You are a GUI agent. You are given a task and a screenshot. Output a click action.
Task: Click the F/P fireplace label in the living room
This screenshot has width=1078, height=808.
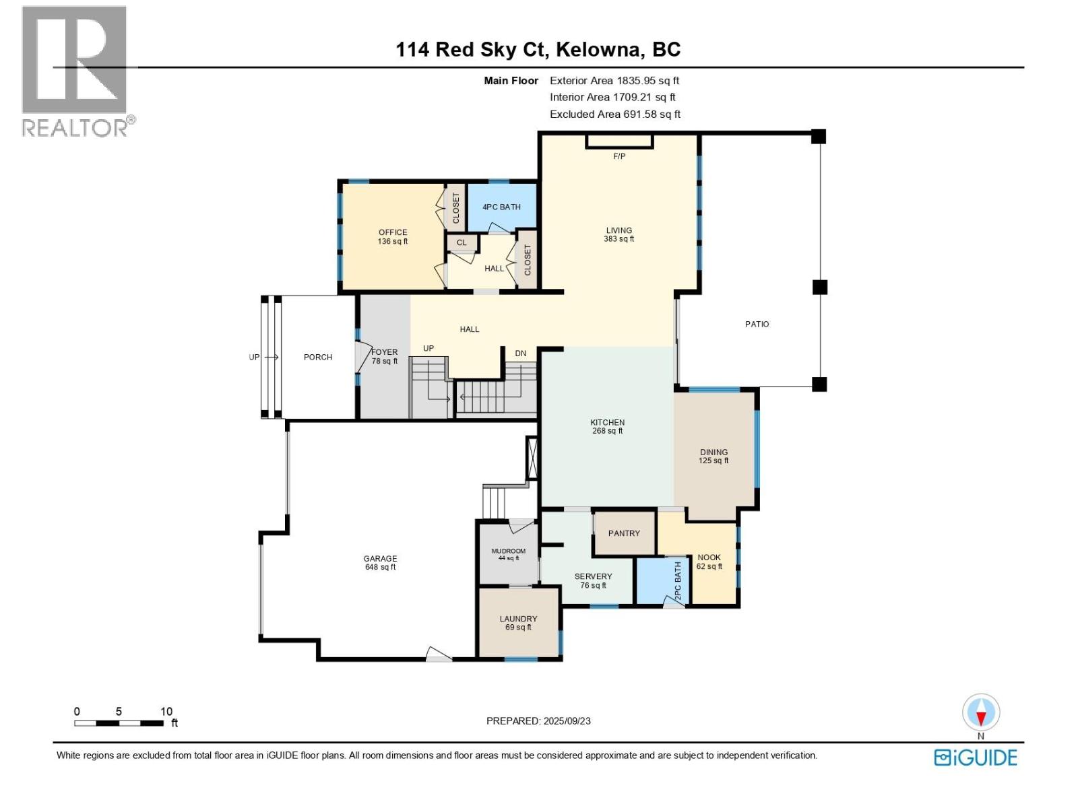tap(619, 156)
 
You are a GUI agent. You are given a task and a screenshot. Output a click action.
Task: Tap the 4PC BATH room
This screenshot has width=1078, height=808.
tap(501, 207)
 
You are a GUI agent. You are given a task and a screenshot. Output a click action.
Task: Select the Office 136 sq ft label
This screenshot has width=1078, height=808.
tap(393, 236)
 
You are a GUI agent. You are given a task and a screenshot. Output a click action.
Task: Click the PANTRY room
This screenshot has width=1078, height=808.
tap(624, 533)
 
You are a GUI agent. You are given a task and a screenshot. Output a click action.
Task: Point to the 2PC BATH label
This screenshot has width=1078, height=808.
tap(678, 582)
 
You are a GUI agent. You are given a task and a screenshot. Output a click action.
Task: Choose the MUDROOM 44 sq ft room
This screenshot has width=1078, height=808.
tap(508, 554)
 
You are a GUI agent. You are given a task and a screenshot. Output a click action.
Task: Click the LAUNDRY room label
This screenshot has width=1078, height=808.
tap(518, 622)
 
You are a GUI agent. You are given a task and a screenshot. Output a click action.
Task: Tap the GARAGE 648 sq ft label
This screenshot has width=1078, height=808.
tap(380, 562)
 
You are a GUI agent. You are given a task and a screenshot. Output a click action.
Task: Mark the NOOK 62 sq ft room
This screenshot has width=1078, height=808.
tap(709, 562)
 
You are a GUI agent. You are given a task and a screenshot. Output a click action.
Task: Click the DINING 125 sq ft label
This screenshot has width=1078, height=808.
tap(714, 457)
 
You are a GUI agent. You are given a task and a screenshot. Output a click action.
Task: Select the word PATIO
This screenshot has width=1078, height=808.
tap(757, 324)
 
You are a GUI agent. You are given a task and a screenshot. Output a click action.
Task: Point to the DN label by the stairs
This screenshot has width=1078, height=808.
tap(520, 353)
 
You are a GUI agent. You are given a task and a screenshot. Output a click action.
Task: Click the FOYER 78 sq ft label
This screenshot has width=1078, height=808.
tap(385, 356)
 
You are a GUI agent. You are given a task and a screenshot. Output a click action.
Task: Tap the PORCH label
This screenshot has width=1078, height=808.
tap(317, 357)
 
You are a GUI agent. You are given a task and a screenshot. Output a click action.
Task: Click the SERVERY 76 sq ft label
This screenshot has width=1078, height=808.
tap(593, 580)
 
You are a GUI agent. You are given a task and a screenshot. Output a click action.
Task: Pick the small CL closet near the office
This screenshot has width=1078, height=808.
tap(462, 242)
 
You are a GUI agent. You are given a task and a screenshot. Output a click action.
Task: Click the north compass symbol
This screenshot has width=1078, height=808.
tap(981, 713)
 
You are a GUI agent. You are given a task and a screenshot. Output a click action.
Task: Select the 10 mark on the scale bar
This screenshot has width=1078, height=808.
tap(166, 711)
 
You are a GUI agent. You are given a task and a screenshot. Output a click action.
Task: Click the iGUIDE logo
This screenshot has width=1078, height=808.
tap(975, 757)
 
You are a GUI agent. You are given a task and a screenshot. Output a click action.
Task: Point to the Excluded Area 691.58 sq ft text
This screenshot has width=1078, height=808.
tap(614, 114)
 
